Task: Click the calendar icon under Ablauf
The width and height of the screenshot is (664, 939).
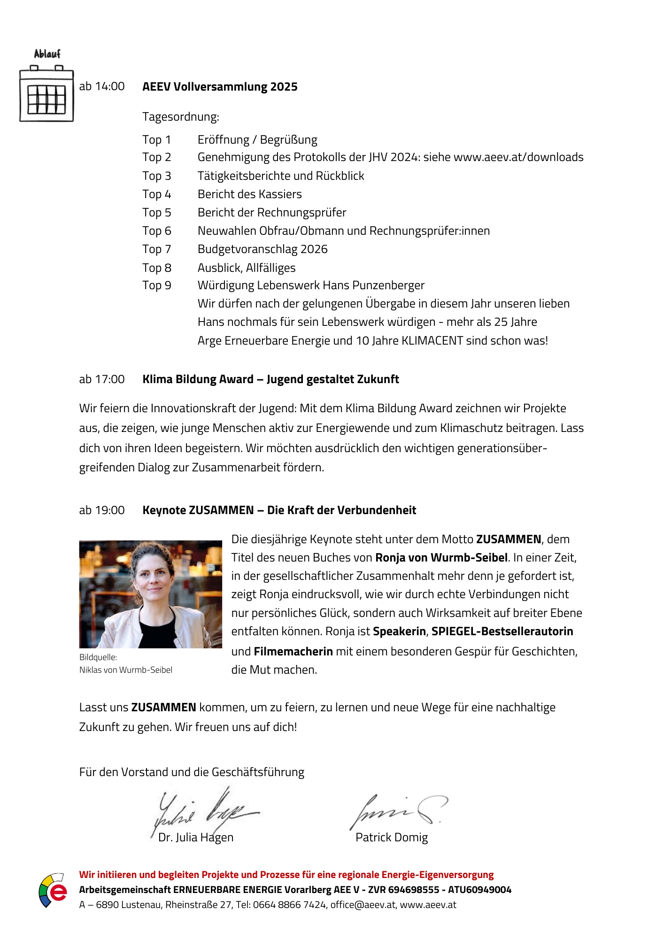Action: (46, 94)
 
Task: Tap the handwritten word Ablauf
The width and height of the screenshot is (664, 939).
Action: (47, 54)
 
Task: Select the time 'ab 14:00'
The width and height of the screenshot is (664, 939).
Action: (102, 86)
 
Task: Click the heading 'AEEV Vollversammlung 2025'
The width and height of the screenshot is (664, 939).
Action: (220, 87)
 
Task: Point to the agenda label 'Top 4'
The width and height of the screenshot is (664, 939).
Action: (157, 194)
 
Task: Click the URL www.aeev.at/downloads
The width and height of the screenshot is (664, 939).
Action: (518, 157)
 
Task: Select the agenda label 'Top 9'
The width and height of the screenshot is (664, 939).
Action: (157, 285)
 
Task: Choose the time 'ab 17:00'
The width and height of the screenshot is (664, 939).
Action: (102, 379)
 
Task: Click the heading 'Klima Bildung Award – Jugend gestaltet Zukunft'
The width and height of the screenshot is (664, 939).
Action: (270, 379)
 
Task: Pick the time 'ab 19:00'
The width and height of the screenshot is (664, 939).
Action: (102, 510)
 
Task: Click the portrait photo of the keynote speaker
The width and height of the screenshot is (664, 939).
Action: (150, 594)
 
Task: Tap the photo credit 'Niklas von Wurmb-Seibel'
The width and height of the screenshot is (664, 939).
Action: (126, 670)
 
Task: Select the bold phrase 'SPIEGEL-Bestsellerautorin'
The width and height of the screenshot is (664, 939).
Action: (502, 631)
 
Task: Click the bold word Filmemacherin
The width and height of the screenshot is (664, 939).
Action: (293, 652)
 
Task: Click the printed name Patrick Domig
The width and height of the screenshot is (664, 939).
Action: (392, 838)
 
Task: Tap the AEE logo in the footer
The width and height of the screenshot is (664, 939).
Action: (52, 890)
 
